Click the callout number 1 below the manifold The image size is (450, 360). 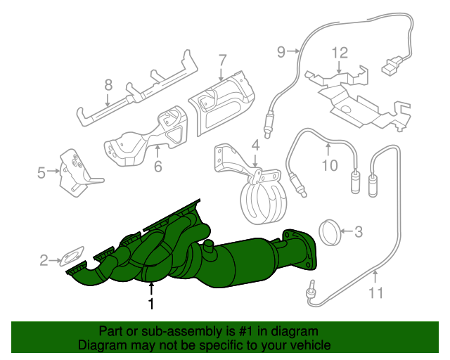click(x=150, y=304)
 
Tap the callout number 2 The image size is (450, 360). click(x=44, y=260)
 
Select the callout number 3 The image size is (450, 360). click(x=359, y=231)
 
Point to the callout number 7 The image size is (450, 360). click(x=222, y=60)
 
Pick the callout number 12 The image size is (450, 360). click(x=340, y=53)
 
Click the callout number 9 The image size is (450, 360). click(x=281, y=52)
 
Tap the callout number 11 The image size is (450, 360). click(x=375, y=293)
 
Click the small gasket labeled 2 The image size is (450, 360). click(x=73, y=255)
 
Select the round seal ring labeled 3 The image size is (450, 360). click(x=330, y=233)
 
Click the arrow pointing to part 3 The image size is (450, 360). click(x=347, y=231)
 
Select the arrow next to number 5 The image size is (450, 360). click(x=53, y=171)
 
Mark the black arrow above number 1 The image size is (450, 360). click(x=151, y=290)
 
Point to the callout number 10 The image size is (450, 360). click(x=330, y=166)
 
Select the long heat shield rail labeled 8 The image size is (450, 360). click(x=137, y=88)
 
